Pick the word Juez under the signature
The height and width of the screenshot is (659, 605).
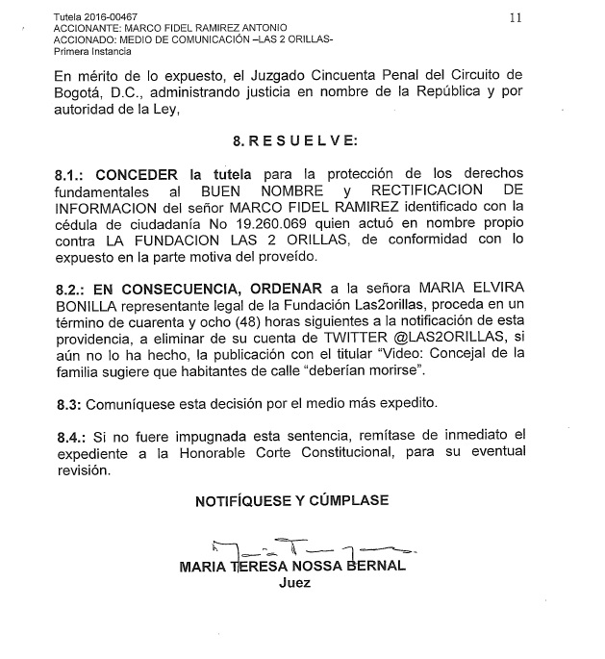point(294,583)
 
